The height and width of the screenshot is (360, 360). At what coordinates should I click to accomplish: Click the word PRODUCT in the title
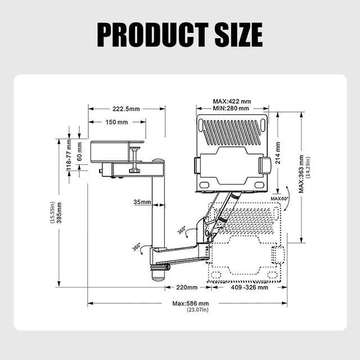click(152, 35)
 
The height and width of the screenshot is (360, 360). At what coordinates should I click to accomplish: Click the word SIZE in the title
click(238, 35)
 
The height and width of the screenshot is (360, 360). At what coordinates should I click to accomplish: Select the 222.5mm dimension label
click(126, 109)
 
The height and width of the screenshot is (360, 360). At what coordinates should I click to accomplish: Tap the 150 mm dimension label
click(116, 122)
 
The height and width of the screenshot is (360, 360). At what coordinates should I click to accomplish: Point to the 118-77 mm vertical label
click(69, 155)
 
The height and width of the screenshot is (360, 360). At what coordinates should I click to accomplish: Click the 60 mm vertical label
click(79, 151)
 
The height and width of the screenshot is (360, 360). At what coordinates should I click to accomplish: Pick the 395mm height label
click(59, 213)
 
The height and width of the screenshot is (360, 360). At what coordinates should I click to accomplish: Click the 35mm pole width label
click(142, 202)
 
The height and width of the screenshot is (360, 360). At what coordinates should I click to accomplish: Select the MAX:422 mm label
click(232, 101)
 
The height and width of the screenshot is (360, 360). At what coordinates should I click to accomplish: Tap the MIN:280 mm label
click(231, 108)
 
